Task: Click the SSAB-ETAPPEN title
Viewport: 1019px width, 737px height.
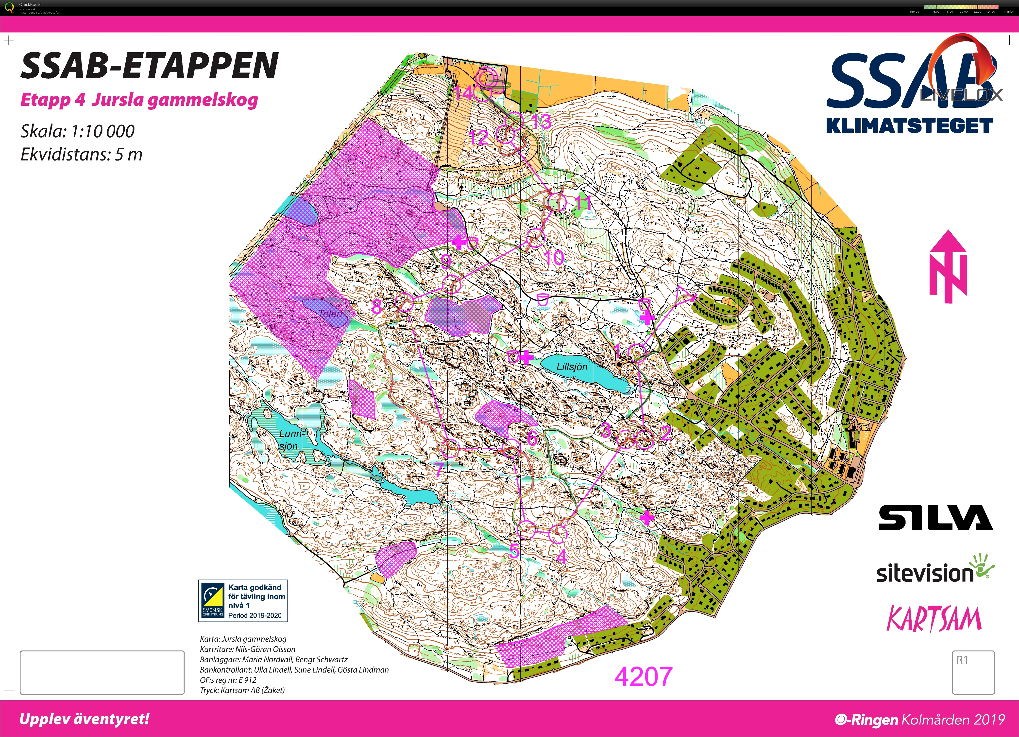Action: (x=150, y=66)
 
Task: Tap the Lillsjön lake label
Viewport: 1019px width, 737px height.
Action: (x=572, y=367)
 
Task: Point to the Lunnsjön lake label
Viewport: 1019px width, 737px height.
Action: (x=290, y=439)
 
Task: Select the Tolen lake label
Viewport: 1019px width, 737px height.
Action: (x=330, y=313)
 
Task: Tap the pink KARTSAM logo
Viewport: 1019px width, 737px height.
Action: (x=934, y=618)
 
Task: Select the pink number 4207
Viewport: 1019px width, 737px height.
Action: (x=643, y=676)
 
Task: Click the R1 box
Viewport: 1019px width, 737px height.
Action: (x=973, y=672)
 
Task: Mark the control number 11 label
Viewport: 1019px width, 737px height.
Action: (x=583, y=203)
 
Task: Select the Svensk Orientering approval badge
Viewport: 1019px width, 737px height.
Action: (x=243, y=601)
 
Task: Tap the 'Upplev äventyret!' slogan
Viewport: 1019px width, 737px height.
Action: (x=84, y=719)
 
